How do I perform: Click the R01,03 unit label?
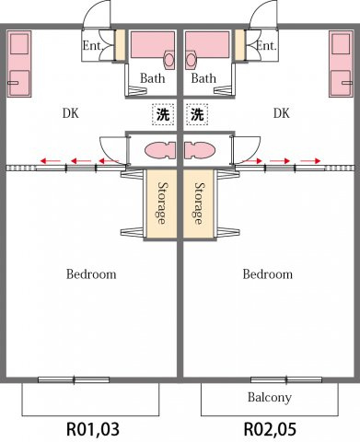[93, 429]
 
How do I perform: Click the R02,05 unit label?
[270, 429]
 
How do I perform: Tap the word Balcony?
[270, 397]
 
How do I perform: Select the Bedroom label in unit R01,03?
[91, 274]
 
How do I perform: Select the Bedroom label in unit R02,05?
[268, 274]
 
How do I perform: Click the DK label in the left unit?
[71, 113]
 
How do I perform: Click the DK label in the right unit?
[282, 113]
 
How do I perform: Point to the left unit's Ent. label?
[92, 46]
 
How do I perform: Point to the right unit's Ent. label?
[266, 46]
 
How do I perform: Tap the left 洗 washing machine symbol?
[163, 114]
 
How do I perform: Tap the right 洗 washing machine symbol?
[197, 114]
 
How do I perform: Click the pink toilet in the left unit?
[160, 150]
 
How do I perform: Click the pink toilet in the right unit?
[200, 150]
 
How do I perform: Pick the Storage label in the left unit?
[162, 204]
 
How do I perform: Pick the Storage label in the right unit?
[200, 204]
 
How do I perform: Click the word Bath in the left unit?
[152, 78]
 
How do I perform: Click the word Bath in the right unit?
[203, 78]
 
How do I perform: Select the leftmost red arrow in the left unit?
[51, 160]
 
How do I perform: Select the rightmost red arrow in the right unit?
[310, 161]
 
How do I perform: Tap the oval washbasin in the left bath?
[169, 60]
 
